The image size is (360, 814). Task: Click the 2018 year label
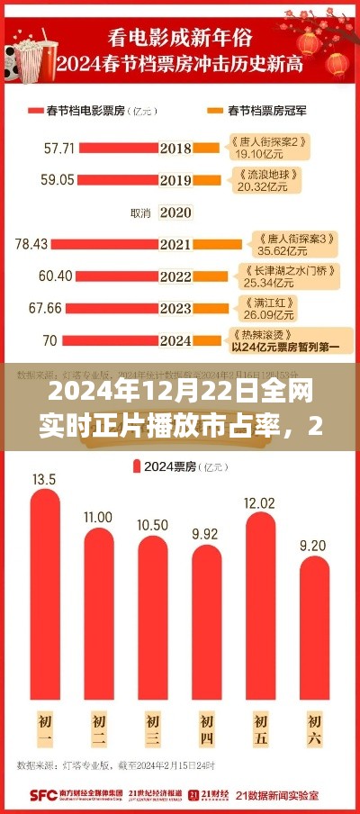(175, 147)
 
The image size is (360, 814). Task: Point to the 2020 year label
(175, 213)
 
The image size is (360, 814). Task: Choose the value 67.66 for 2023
(45, 309)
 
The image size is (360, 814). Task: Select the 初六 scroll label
(314, 728)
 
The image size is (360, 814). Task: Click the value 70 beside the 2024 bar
(49, 340)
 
